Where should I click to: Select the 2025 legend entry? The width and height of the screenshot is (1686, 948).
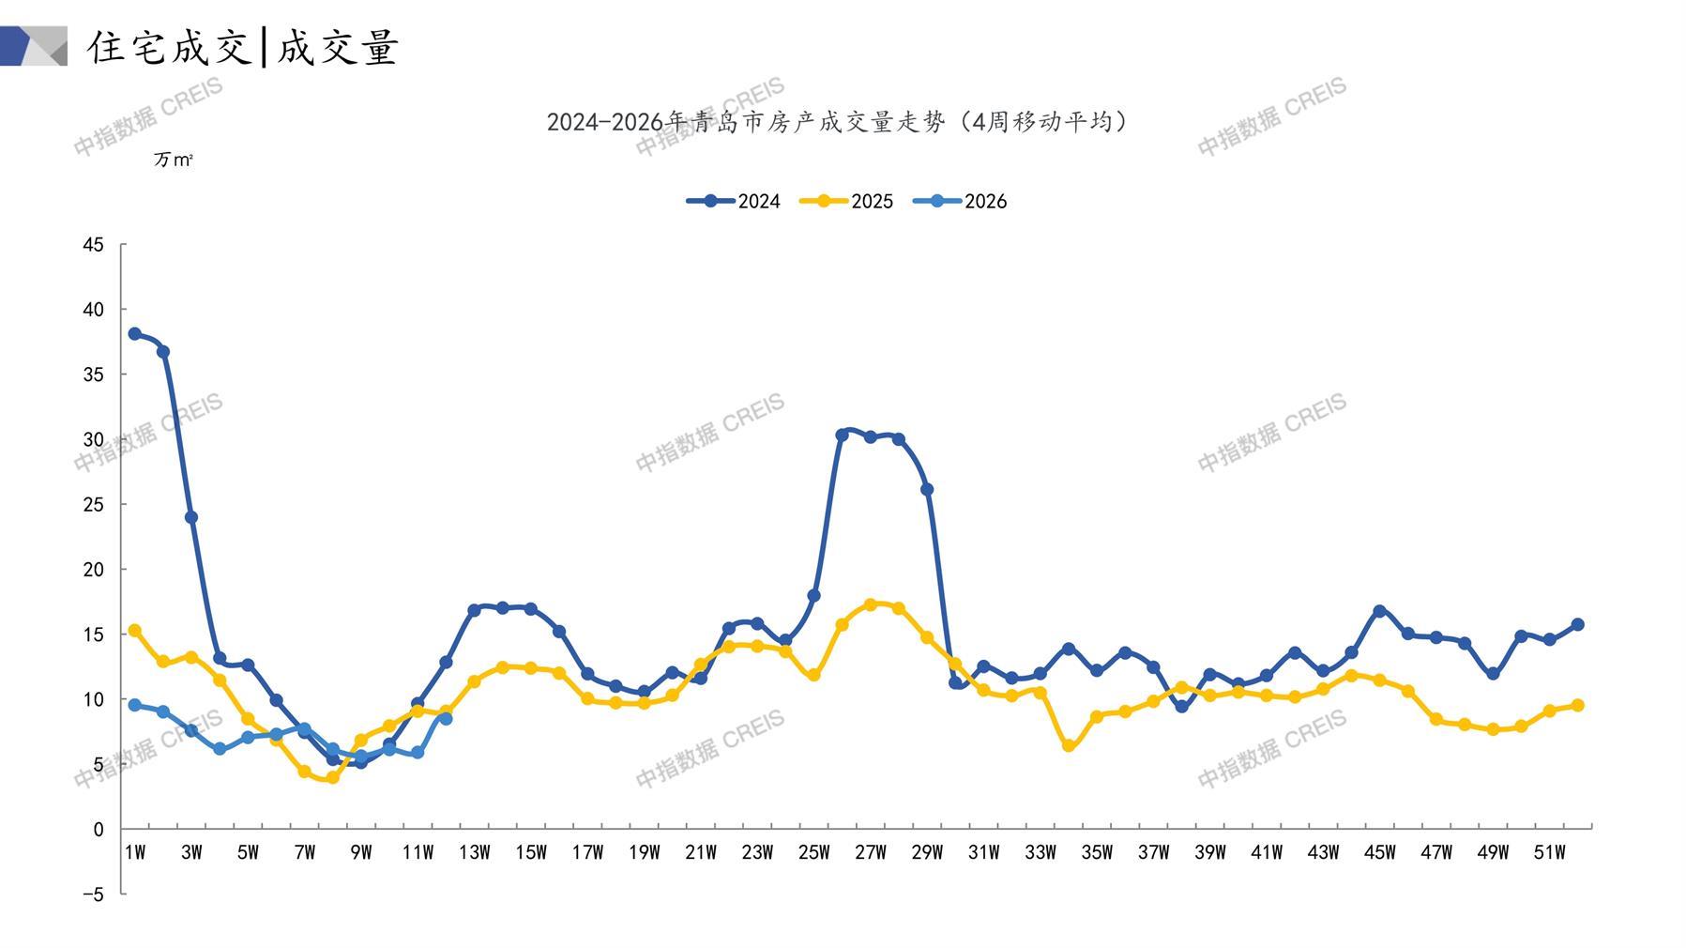pos(846,201)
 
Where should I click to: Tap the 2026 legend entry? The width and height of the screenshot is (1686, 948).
pos(960,201)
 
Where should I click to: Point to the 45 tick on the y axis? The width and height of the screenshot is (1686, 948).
pos(93,245)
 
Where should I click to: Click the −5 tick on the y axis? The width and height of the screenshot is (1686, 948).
pos(93,894)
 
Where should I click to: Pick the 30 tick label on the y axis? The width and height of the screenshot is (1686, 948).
pos(93,440)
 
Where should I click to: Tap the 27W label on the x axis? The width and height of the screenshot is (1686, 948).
pos(870,852)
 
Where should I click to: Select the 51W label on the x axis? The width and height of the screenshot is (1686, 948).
pos(1549,852)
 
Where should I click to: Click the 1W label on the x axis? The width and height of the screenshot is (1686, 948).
pos(135,852)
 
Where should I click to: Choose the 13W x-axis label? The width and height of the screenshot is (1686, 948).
pos(474,852)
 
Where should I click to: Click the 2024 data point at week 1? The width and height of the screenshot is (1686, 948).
pos(135,334)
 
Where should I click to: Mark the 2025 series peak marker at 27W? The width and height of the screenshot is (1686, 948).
pos(871,604)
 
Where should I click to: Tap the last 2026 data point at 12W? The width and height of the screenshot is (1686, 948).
pos(446,719)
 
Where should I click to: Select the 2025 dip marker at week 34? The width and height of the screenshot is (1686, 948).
pos(1068,745)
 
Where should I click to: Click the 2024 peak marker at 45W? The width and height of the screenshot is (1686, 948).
pos(1379,611)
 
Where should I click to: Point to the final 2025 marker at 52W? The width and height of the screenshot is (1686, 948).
pos(1577,705)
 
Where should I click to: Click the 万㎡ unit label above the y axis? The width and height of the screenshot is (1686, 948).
pos(174,161)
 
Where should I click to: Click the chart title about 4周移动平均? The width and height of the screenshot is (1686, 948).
pos(837,122)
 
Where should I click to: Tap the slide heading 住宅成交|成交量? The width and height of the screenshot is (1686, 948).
pos(243,47)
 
